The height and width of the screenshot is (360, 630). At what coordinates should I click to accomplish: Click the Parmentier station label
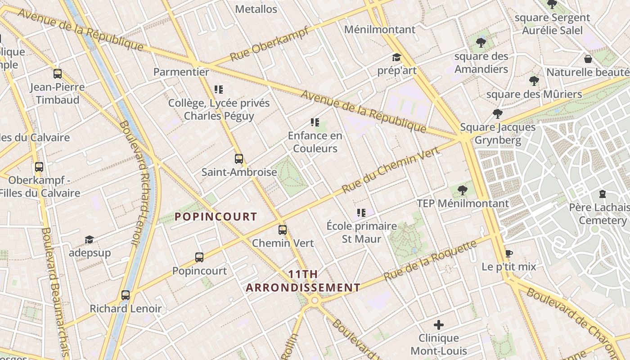(181, 72)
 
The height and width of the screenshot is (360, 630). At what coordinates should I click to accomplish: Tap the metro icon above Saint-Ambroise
(239, 159)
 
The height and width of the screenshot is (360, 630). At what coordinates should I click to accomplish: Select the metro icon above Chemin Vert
(283, 230)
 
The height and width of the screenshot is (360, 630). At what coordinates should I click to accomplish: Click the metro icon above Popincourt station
(199, 257)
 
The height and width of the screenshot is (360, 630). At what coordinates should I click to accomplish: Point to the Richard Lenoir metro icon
(126, 295)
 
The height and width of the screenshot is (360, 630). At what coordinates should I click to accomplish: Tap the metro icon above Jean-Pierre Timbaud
(58, 74)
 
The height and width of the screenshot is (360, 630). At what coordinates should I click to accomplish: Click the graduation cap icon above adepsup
(89, 240)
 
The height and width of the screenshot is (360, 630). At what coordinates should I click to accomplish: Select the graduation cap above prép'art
(396, 58)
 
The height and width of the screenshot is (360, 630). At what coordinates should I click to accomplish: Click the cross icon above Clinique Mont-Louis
(439, 325)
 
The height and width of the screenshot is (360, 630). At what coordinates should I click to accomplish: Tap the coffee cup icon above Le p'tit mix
(509, 254)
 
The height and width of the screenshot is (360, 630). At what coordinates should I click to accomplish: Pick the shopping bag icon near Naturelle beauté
(588, 59)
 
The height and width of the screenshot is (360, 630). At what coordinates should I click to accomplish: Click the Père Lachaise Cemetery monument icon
(603, 194)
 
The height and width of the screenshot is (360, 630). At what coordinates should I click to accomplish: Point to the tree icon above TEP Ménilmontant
(462, 190)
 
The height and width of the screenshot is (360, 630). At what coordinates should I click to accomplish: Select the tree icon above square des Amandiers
(481, 43)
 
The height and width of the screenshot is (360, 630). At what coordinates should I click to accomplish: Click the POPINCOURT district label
(216, 217)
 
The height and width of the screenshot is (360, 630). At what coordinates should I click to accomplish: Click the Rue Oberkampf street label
(269, 44)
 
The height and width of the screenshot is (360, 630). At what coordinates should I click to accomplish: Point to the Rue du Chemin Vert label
(390, 170)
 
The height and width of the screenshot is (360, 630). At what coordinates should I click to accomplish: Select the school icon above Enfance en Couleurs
(315, 122)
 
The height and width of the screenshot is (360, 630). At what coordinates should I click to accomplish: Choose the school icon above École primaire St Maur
(361, 213)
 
